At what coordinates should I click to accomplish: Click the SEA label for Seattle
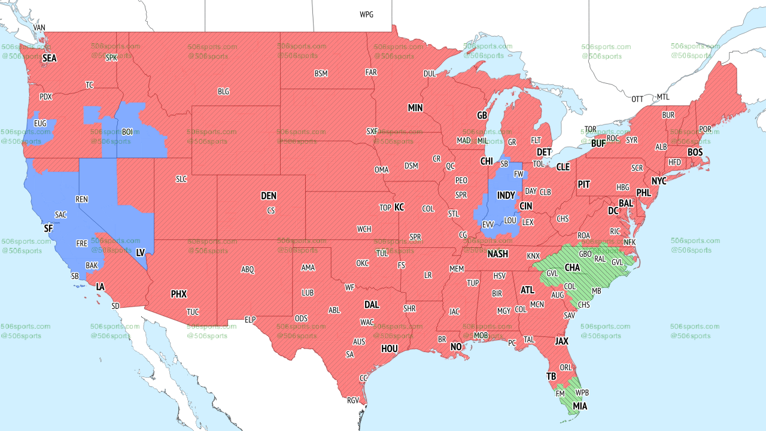point(49,58)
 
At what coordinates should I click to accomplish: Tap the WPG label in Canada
point(366,14)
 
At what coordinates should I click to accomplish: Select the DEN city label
point(269,196)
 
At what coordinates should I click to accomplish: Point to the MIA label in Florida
point(580,406)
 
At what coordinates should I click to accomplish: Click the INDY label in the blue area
point(506,196)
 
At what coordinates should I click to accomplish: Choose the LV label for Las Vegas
point(141,253)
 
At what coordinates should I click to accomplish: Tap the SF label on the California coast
point(48,229)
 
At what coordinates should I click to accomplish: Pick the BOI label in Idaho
point(127,132)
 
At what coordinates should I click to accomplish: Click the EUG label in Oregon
point(40,123)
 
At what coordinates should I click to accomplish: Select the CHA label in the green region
point(572,267)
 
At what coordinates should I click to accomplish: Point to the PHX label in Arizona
point(179,294)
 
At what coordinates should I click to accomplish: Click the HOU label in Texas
point(390,348)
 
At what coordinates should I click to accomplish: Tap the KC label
point(399,207)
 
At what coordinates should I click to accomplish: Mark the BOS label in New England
point(695,153)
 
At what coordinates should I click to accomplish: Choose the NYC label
point(659,181)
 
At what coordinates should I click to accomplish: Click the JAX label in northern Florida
point(561,341)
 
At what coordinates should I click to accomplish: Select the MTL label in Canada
point(663,97)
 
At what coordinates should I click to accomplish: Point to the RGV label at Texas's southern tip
point(353,400)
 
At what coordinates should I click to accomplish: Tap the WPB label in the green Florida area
point(582,393)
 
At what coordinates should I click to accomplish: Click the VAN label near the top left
point(39,28)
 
